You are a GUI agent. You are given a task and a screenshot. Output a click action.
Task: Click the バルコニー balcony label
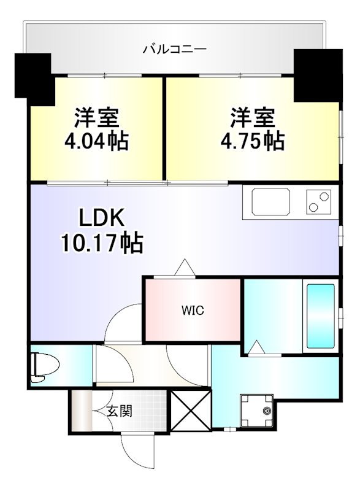pos(175,49)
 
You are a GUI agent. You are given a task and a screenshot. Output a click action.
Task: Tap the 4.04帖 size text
pos(97,141)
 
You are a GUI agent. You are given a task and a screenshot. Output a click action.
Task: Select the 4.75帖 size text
pos(253,141)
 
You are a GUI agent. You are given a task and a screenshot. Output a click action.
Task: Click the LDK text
pos(102,218)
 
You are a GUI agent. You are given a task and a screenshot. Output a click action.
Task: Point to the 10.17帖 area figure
pos(102,242)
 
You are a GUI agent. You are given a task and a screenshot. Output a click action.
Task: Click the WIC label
pos(193,311)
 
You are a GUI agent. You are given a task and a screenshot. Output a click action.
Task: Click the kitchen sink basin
pos(271,202)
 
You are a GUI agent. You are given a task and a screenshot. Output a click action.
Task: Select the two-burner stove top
pos(319,202)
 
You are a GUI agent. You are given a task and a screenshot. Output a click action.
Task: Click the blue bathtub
pos(321,316)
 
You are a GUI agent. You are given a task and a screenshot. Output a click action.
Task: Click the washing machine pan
pos(256,411)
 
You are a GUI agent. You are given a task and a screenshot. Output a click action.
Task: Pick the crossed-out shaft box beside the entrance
pos(191,411)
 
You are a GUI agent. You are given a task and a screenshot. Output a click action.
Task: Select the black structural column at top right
pos(318,75)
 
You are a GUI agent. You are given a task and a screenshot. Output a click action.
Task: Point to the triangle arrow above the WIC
pos(185,267)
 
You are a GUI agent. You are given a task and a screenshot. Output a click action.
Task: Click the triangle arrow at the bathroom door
pos(257,347)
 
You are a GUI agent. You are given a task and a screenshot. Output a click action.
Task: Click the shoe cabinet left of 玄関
pos(82,411)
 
